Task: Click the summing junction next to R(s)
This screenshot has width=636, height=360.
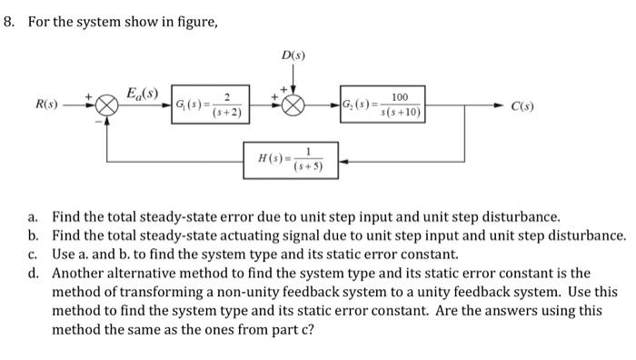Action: (x=107, y=105)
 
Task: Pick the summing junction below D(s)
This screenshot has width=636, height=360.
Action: (x=293, y=105)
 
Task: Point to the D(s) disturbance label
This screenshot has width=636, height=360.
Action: (x=293, y=57)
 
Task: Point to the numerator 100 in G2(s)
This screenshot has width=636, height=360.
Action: (x=400, y=97)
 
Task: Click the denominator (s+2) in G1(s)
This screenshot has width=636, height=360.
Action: (x=226, y=114)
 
